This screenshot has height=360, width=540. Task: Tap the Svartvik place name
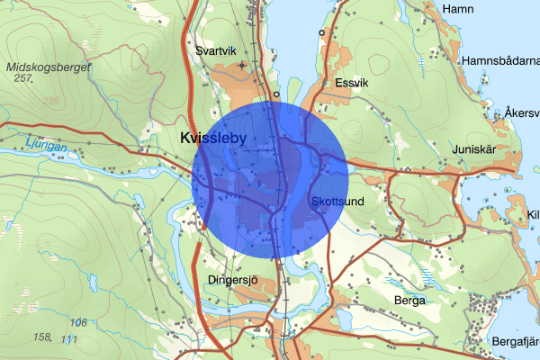click(216, 50)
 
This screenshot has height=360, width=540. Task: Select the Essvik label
click(352, 82)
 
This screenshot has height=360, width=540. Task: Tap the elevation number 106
click(78, 322)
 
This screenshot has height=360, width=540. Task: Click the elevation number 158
click(42, 337)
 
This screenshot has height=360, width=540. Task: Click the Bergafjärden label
click(516, 341)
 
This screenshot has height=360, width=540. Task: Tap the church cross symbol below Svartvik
click(241, 66)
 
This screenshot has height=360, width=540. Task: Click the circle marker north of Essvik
click(321, 32)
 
